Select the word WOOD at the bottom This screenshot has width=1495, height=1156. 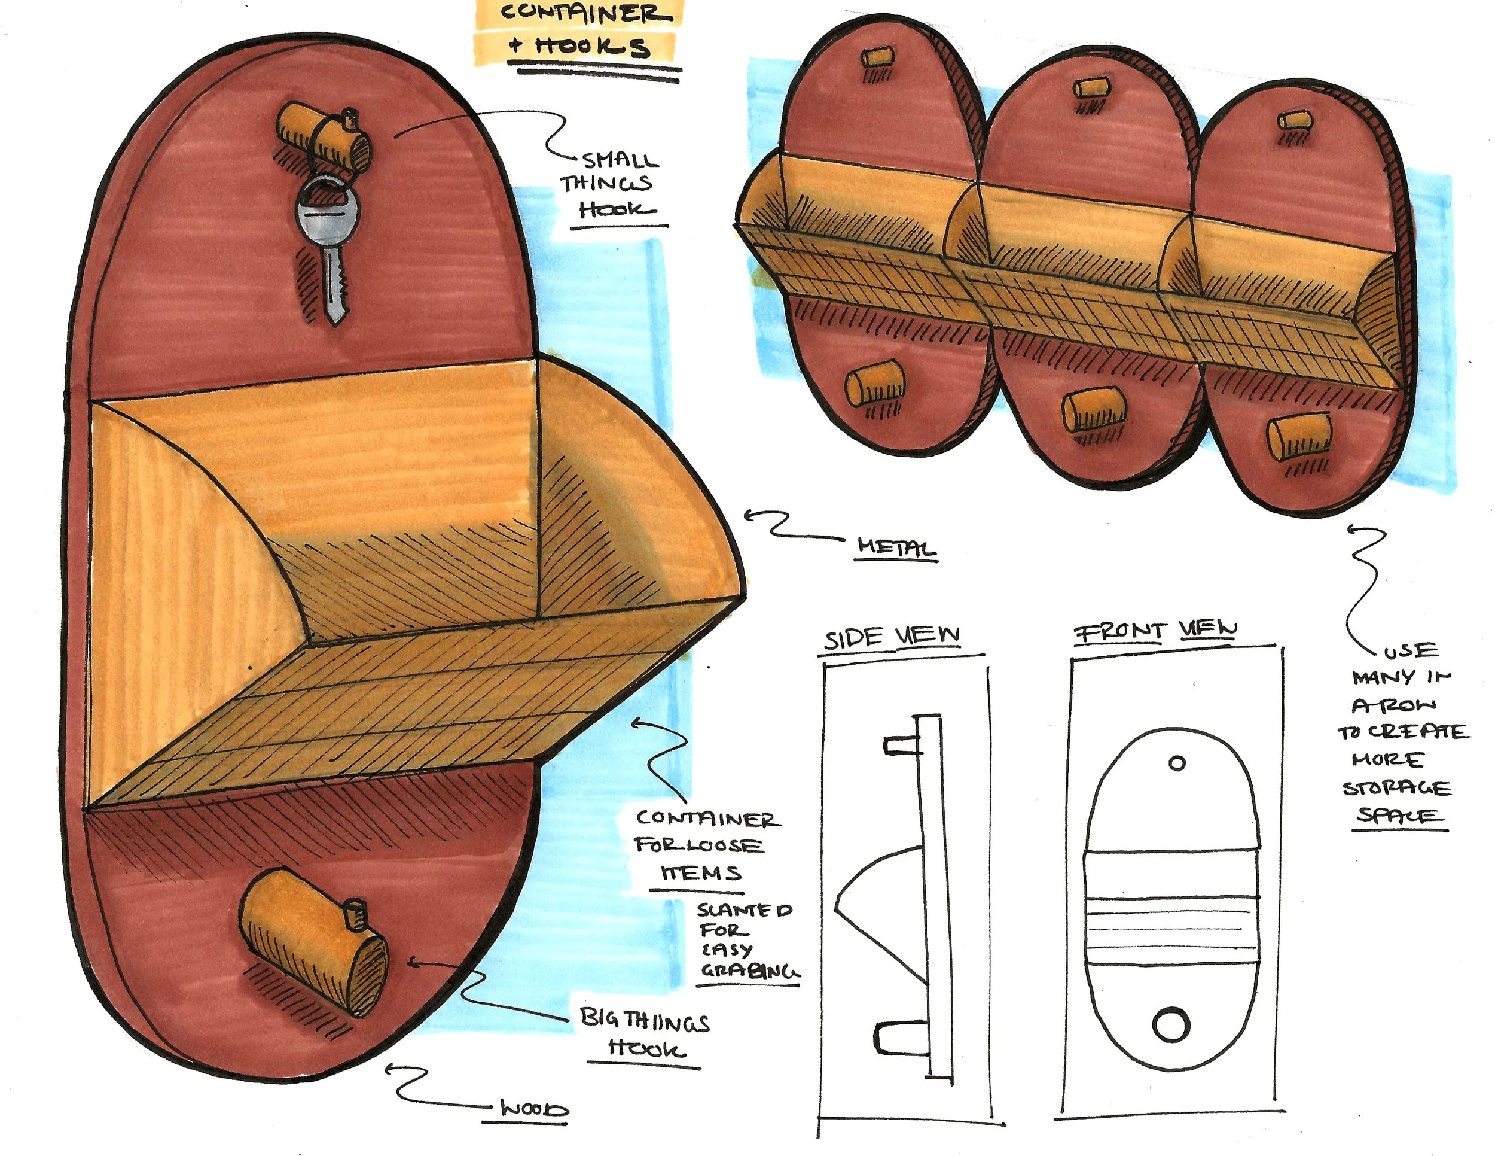535,1109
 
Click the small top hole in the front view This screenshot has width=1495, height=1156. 1177,762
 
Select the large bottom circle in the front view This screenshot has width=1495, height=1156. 1171,1025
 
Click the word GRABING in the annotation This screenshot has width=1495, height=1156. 748,972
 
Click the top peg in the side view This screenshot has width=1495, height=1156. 901,745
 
